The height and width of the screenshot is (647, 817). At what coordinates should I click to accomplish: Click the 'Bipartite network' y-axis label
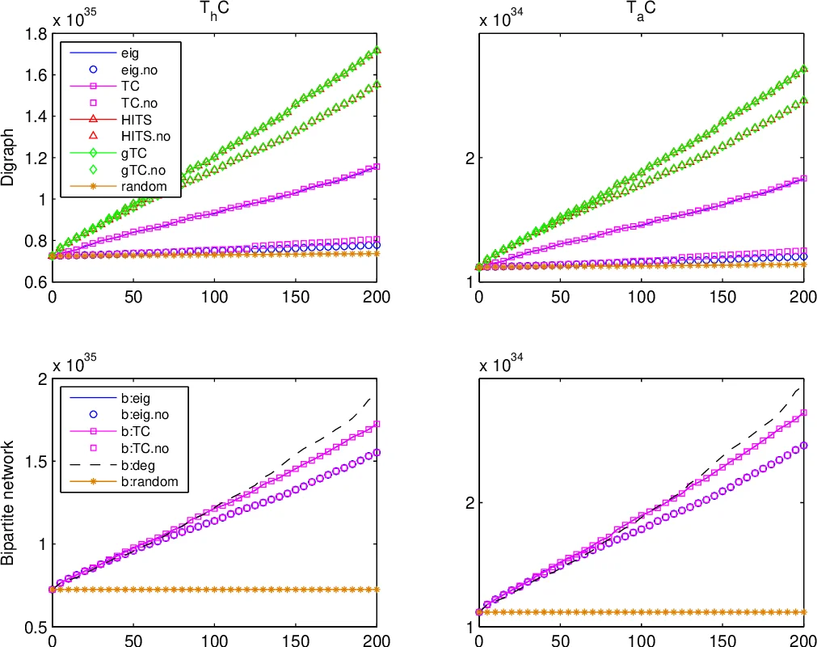pyautogui.click(x=9, y=502)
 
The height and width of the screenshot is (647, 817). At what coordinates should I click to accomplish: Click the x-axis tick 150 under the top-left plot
pyautogui.click(x=296, y=297)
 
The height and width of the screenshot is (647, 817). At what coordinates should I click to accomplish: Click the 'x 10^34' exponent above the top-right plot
pyautogui.click(x=501, y=19)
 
